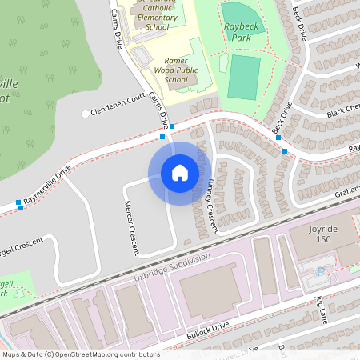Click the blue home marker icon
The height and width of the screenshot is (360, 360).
pos(180,173)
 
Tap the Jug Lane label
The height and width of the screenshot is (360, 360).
pos(322,308)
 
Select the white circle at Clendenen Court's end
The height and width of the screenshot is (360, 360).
pos(86,114)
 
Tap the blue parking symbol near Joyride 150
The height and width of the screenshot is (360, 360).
pos(322,271)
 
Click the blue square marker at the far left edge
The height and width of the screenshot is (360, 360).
pos(18,202)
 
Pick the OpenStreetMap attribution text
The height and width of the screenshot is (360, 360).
pos(81,354)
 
